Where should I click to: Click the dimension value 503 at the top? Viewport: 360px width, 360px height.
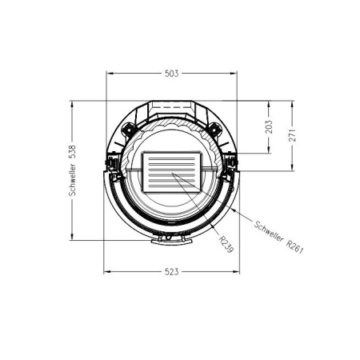tap(171, 73)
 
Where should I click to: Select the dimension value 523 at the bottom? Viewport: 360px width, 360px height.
tap(171, 271)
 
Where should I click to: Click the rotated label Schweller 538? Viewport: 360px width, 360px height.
tap(73, 170)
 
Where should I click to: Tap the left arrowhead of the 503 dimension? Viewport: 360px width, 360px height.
tap(110, 73)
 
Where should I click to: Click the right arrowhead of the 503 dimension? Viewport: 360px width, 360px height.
tap(235, 73)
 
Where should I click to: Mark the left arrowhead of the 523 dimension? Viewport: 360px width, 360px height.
tap(107, 271)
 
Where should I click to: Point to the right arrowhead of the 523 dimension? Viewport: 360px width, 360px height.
tap(238, 271)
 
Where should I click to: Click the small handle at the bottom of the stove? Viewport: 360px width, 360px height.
tap(166, 238)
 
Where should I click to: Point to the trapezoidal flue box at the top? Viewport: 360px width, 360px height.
tap(172, 109)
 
